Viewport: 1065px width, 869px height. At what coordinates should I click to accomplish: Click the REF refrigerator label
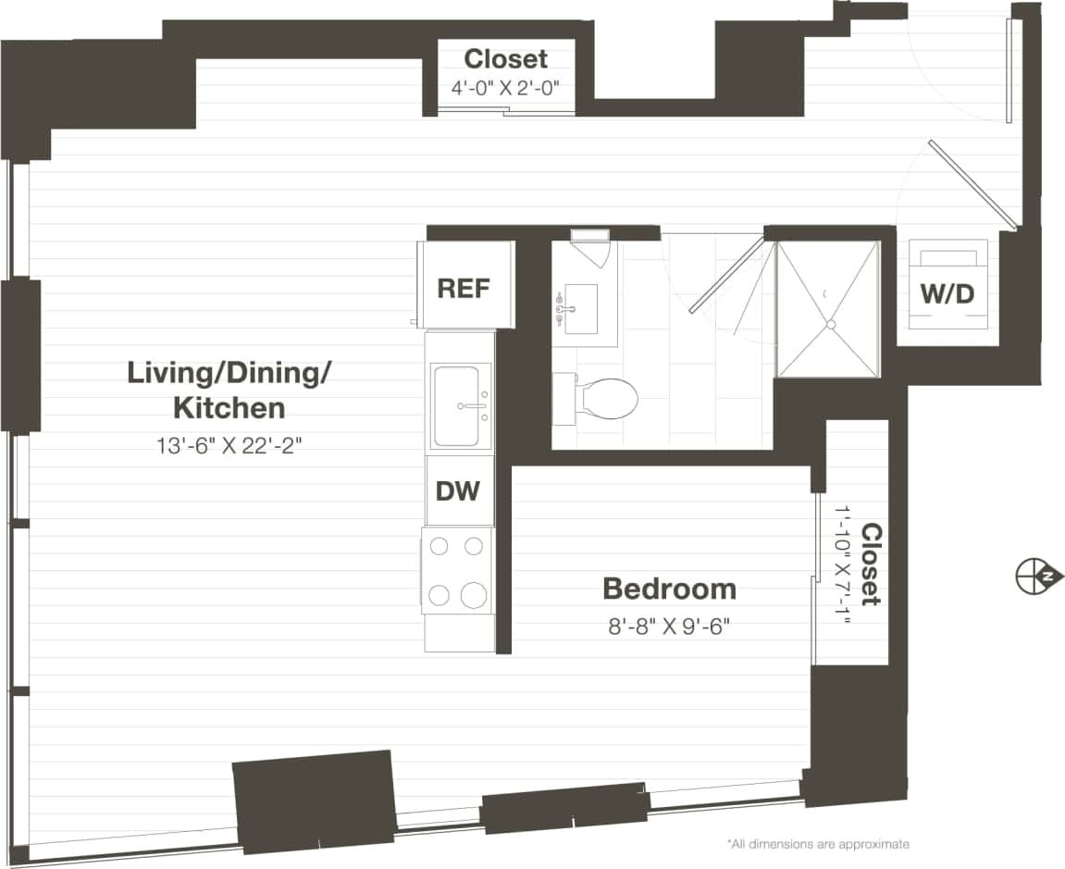click(463, 288)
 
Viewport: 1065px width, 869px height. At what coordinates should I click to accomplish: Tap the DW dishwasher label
click(459, 490)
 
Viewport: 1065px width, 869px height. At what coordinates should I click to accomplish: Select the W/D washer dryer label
click(947, 294)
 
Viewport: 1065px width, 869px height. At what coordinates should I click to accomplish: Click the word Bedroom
click(669, 589)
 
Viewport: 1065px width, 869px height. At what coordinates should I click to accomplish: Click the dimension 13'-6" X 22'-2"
click(229, 445)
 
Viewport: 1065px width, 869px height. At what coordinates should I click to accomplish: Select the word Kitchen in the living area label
click(229, 407)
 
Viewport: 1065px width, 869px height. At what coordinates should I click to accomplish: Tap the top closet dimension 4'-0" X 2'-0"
click(506, 89)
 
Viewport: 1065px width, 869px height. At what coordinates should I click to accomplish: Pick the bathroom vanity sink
click(581, 309)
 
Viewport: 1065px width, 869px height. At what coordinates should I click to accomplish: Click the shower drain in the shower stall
click(830, 325)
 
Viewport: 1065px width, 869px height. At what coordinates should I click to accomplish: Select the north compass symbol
click(1032, 577)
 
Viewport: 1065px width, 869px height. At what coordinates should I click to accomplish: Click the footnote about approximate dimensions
click(818, 844)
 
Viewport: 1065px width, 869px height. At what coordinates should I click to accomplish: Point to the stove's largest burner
click(474, 595)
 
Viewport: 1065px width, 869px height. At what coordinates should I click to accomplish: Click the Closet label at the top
click(506, 59)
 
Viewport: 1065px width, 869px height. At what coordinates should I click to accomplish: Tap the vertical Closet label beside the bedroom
click(871, 565)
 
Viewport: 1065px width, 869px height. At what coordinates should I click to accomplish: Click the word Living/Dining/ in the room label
click(229, 373)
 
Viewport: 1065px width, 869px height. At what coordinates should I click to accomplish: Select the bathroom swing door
click(726, 276)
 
